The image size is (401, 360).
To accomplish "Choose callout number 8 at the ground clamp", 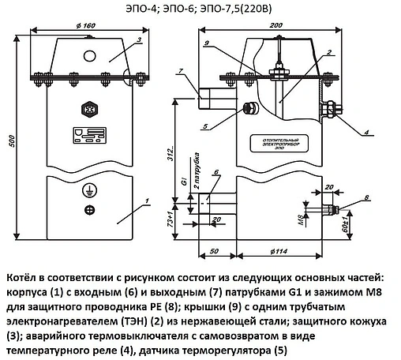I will (x=367, y=197).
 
